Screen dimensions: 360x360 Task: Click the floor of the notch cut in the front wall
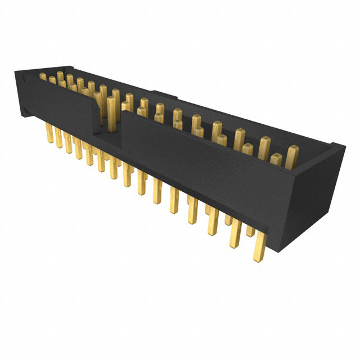(x=106, y=134)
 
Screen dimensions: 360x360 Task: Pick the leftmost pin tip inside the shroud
(x=43, y=77)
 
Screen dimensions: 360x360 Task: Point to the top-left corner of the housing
(x=16, y=71)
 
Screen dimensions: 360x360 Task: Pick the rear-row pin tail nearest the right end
(x=251, y=231)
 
